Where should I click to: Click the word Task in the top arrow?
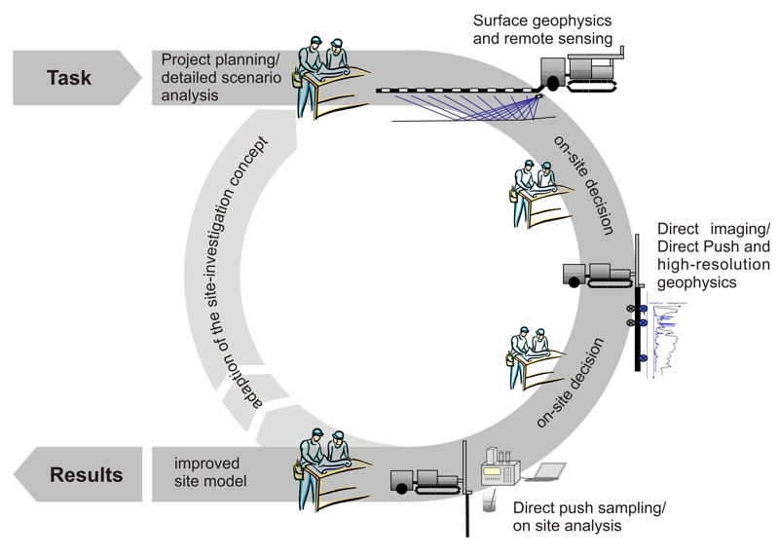coord(68,77)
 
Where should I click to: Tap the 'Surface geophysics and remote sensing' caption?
coord(542,30)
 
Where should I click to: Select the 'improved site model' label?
coord(213,473)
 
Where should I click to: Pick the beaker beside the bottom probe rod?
coord(487,500)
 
